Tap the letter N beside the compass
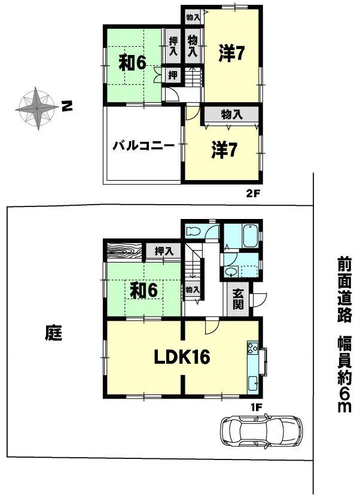click(67, 108)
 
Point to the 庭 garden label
click(53, 332)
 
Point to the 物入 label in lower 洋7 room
click(231, 114)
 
